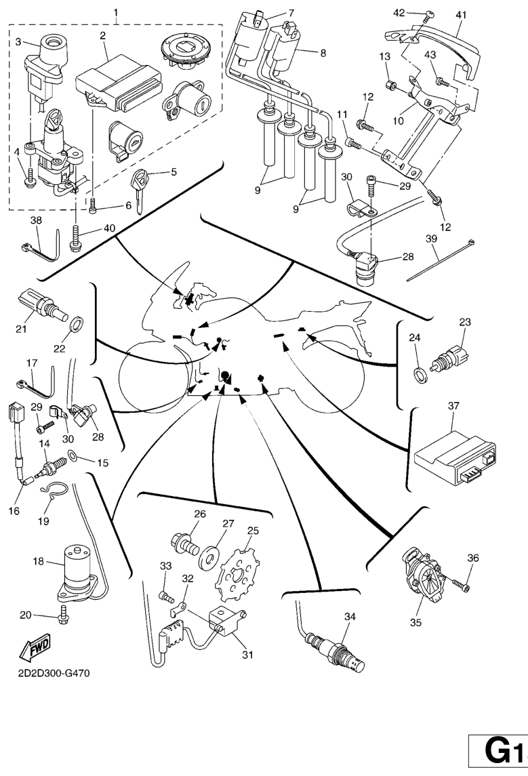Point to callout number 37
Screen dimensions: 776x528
(453, 406)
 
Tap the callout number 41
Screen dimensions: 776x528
(462, 14)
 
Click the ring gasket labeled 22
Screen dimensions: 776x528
(77, 321)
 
